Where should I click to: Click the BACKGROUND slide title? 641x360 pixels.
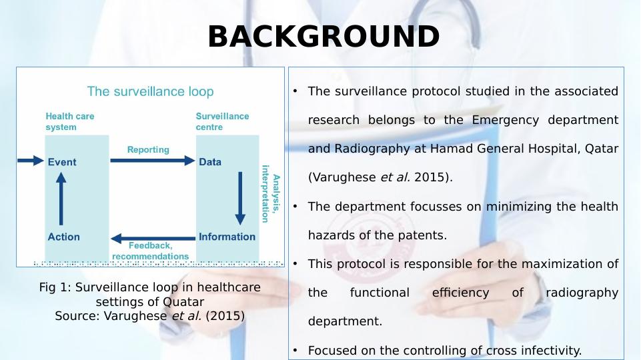click(324, 37)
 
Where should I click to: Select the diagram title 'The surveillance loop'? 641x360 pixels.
click(151, 91)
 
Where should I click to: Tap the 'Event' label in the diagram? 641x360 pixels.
click(62, 162)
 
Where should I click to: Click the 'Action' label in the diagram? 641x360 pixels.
click(64, 237)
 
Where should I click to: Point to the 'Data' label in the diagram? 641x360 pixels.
click(210, 162)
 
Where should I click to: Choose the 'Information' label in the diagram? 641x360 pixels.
click(227, 237)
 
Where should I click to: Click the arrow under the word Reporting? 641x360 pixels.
click(152, 161)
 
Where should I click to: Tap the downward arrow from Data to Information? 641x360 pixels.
click(240, 199)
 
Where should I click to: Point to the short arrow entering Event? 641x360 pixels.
click(29, 161)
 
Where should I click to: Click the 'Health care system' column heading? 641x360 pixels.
click(70, 121)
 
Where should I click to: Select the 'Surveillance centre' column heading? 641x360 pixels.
click(222, 121)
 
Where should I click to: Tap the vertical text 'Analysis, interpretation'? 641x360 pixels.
click(271, 193)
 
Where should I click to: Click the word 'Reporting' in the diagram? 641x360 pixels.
click(148, 150)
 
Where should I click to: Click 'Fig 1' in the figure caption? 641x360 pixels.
click(53, 287)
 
